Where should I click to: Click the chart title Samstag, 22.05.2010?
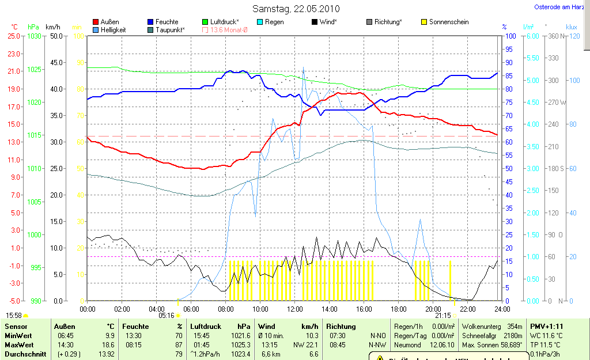click(x=296, y=9)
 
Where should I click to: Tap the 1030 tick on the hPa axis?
click(x=35, y=36)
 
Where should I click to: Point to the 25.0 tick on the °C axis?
click(x=13, y=36)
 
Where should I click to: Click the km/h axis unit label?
click(x=52, y=27)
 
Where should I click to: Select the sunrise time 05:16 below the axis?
click(x=166, y=316)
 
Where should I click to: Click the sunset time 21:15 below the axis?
click(x=442, y=316)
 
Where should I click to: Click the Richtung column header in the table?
click(x=341, y=327)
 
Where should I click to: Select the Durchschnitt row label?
click(x=25, y=354)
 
